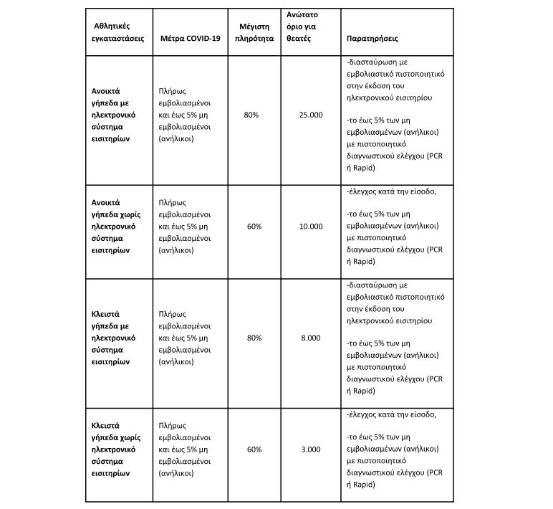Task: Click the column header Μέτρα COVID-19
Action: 191,38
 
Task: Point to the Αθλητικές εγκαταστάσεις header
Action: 115,32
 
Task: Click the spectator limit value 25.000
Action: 311,115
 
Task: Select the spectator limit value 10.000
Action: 311,226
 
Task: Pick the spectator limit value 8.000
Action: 311,338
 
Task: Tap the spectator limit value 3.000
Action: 311,449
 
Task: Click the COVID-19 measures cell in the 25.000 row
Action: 189,115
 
